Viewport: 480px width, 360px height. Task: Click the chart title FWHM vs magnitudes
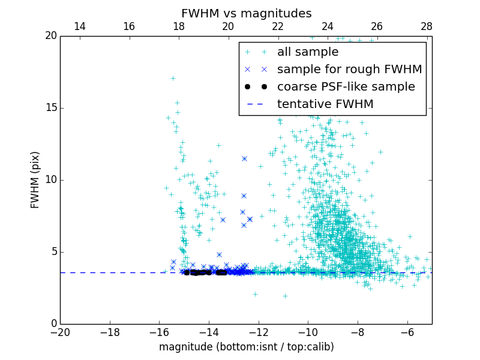246,13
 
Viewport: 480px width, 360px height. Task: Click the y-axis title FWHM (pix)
35,179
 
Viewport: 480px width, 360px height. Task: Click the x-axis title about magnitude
246,347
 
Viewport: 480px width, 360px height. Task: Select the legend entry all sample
307,52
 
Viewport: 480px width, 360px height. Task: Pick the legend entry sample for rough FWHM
349,70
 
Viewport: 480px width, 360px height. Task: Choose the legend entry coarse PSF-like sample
346,87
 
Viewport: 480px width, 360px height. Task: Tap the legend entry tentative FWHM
325,104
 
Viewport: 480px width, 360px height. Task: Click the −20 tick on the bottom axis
60,332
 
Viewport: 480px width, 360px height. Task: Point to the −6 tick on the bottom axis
407,332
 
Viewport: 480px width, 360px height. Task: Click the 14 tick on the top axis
79,26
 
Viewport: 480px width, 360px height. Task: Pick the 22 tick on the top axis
278,26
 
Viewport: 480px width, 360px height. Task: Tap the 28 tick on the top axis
427,26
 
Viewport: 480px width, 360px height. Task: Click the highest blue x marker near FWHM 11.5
244,158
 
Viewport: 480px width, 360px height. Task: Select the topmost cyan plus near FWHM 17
173,78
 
